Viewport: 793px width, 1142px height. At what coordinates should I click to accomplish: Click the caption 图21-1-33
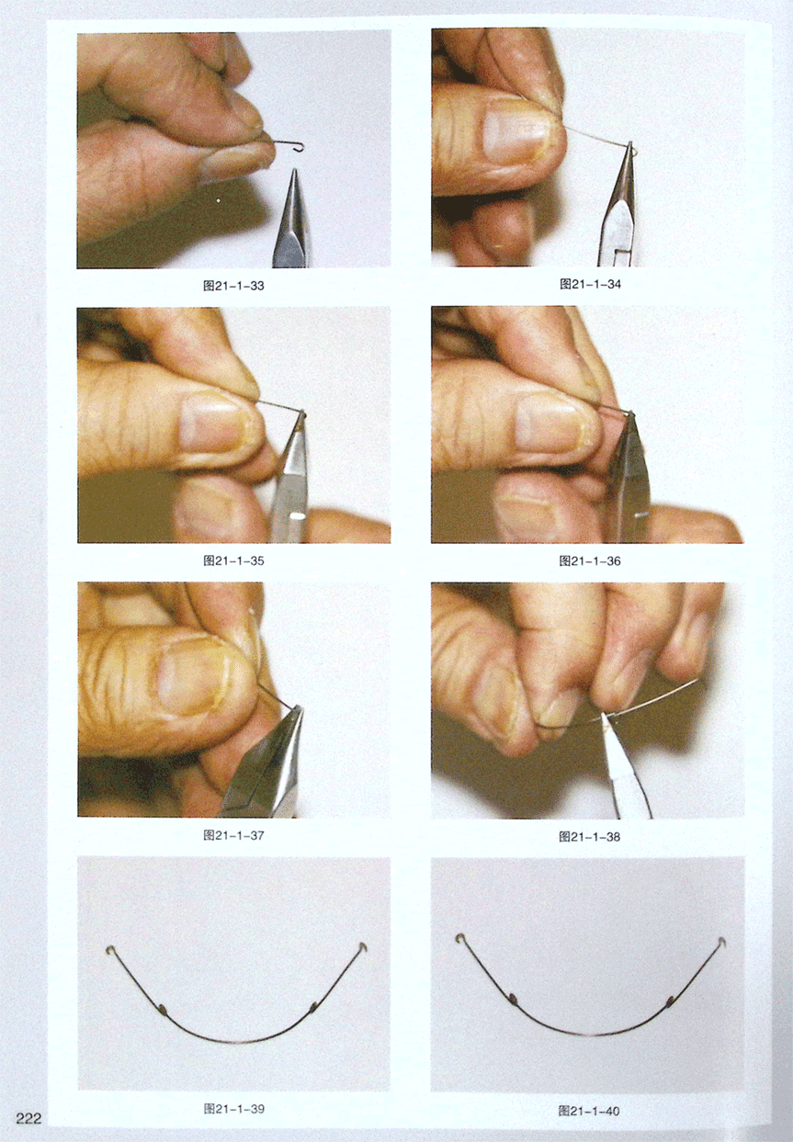(x=233, y=286)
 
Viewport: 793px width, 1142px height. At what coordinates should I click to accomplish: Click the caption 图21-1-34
(x=590, y=285)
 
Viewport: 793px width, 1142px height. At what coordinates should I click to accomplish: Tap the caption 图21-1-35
(x=233, y=560)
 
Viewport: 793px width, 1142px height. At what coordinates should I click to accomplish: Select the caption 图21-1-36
(x=590, y=561)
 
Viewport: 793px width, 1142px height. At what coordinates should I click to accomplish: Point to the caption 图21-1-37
(x=233, y=835)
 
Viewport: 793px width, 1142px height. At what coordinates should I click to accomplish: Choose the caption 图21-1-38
(x=590, y=836)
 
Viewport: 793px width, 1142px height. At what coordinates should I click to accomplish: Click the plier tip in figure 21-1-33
(x=294, y=171)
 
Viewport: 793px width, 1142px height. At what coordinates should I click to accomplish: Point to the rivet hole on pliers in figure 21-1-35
(x=296, y=516)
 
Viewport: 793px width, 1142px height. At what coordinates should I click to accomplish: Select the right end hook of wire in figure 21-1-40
(x=721, y=941)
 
